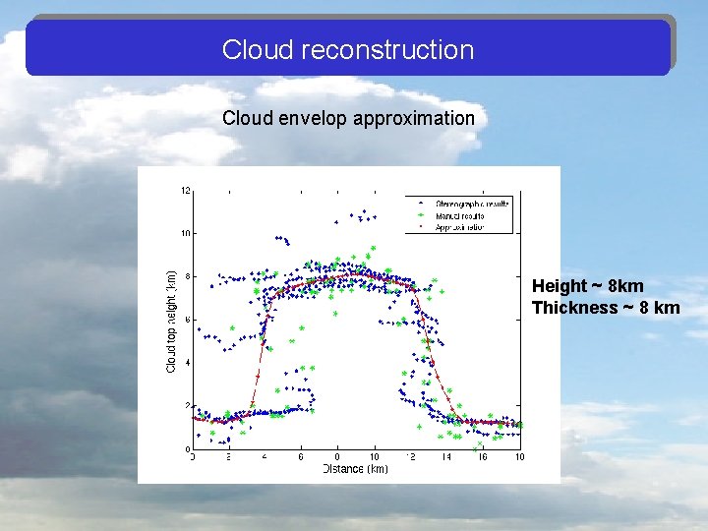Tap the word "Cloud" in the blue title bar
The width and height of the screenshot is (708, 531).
tap(250, 49)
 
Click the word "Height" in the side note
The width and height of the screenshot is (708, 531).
tap(558, 286)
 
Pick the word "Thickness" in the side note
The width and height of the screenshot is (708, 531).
tap(574, 308)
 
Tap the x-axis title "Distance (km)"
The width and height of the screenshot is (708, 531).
tap(355, 469)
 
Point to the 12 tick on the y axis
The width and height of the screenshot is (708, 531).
tap(185, 190)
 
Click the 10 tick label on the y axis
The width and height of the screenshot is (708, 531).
tap(185, 233)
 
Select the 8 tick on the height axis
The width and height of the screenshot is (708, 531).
tap(187, 276)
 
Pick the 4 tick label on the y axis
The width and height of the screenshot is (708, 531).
tap(187, 363)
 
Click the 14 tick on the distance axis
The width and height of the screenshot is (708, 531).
tap(446, 457)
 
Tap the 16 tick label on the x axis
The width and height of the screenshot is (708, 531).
tap(483, 457)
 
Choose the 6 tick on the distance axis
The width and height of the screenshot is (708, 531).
tap(301, 457)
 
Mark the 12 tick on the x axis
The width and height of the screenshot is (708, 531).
tap(410, 457)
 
